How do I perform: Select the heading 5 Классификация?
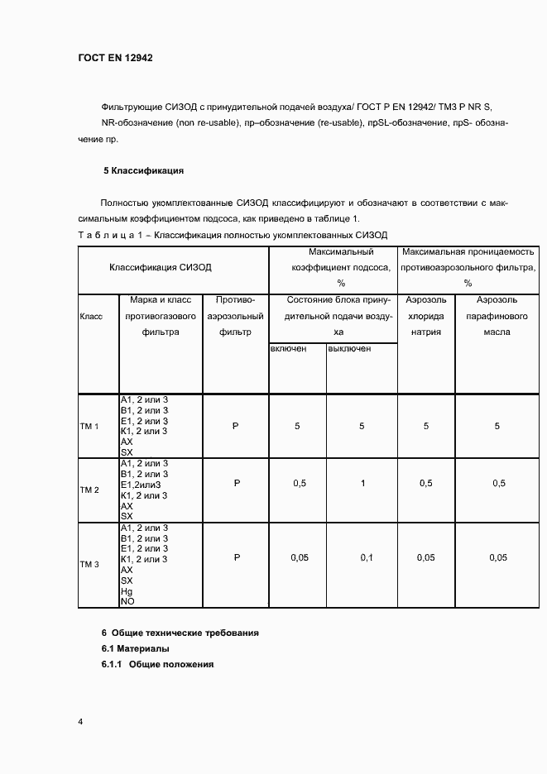click(142, 171)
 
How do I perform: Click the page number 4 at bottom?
click(80, 722)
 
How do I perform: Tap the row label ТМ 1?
click(89, 427)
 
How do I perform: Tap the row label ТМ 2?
click(89, 490)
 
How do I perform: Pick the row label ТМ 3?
click(89, 565)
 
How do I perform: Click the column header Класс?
click(91, 317)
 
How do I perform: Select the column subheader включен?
click(289, 348)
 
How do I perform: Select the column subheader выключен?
click(349, 348)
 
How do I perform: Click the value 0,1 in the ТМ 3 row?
click(367, 558)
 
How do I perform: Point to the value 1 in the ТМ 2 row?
click(362, 483)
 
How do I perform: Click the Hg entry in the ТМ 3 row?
click(127, 592)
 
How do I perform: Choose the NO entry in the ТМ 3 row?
click(127, 602)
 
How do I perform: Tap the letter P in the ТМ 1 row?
click(235, 426)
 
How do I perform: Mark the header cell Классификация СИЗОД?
click(161, 268)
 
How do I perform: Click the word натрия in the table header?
click(426, 332)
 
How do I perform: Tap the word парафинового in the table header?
click(497, 316)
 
